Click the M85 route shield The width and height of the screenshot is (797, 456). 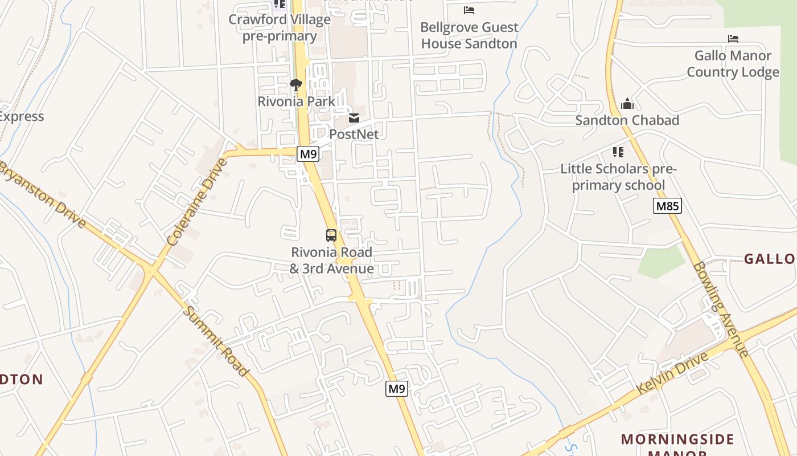pos(667,206)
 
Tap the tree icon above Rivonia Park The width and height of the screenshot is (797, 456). pos(295,85)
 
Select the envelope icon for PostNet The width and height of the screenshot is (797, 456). pos(354,118)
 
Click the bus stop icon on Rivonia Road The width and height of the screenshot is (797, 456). pos(331,235)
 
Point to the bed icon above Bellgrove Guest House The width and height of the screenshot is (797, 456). pos(469,10)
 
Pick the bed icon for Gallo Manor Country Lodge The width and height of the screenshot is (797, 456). pos(733,39)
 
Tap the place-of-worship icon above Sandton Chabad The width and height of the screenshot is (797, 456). pos(627,104)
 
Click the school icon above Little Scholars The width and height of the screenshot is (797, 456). pos(618,152)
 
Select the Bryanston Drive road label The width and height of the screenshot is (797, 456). pos(43,194)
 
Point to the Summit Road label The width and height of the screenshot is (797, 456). pos(217,341)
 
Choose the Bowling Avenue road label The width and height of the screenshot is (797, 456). pos(721,309)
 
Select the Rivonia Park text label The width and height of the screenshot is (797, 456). pos(297,101)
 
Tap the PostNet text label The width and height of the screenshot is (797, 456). pos(354,134)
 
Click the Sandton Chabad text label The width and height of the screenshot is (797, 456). pos(627,120)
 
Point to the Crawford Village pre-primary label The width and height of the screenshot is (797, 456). pos(280,27)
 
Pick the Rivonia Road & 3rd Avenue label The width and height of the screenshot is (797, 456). pos(332,260)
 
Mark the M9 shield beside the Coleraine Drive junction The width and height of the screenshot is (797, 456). pos(307,154)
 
